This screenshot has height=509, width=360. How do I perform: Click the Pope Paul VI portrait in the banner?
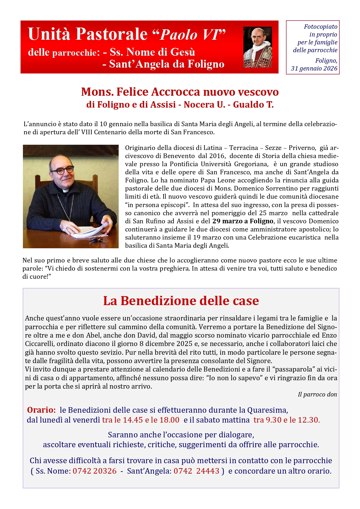tap(258, 47)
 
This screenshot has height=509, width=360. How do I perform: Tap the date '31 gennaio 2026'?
tap(314, 68)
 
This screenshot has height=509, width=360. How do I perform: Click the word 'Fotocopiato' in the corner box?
tap(320, 27)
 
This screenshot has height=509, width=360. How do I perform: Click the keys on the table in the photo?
tap(98, 240)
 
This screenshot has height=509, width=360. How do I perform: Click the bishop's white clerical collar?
tap(66, 191)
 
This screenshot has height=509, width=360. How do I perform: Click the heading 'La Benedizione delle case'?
tap(181, 301)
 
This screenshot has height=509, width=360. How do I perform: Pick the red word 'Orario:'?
tap(41, 410)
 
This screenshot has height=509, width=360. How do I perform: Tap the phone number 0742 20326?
tap(94, 471)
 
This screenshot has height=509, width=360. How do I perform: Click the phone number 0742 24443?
tap(196, 471)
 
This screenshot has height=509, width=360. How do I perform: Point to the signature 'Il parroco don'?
tap(317, 394)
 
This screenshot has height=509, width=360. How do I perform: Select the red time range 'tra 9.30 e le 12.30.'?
tap(287, 420)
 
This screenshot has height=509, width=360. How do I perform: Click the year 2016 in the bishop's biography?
tap(217, 156)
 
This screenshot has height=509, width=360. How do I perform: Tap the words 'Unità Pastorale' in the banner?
tap(88, 34)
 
